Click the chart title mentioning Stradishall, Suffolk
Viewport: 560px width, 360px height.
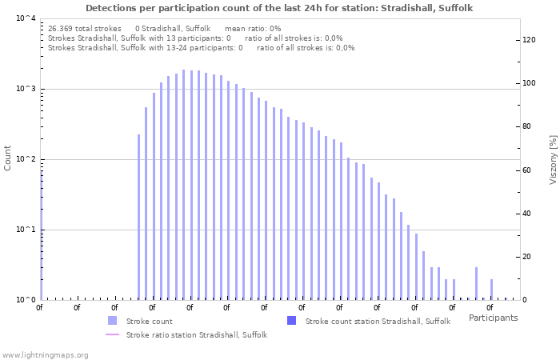[x=278, y=8]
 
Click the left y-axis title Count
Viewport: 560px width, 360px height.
[x=8, y=158]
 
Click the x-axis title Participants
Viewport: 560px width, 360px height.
[x=493, y=318]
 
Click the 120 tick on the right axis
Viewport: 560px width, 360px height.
[x=529, y=40]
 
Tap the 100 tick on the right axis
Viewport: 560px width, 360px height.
[x=529, y=83]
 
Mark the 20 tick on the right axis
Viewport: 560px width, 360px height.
[x=526, y=257]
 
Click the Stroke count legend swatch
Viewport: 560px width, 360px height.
[x=112, y=321]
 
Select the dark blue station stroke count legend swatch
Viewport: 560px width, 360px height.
[x=291, y=321]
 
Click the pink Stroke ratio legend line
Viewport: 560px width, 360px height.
[x=112, y=334]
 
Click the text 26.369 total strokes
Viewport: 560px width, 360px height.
[x=84, y=28]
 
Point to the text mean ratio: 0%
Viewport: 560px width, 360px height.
[x=253, y=28]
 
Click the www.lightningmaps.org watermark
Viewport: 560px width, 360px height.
[x=45, y=354]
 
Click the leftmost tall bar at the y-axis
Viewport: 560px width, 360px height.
[x=41, y=232]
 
